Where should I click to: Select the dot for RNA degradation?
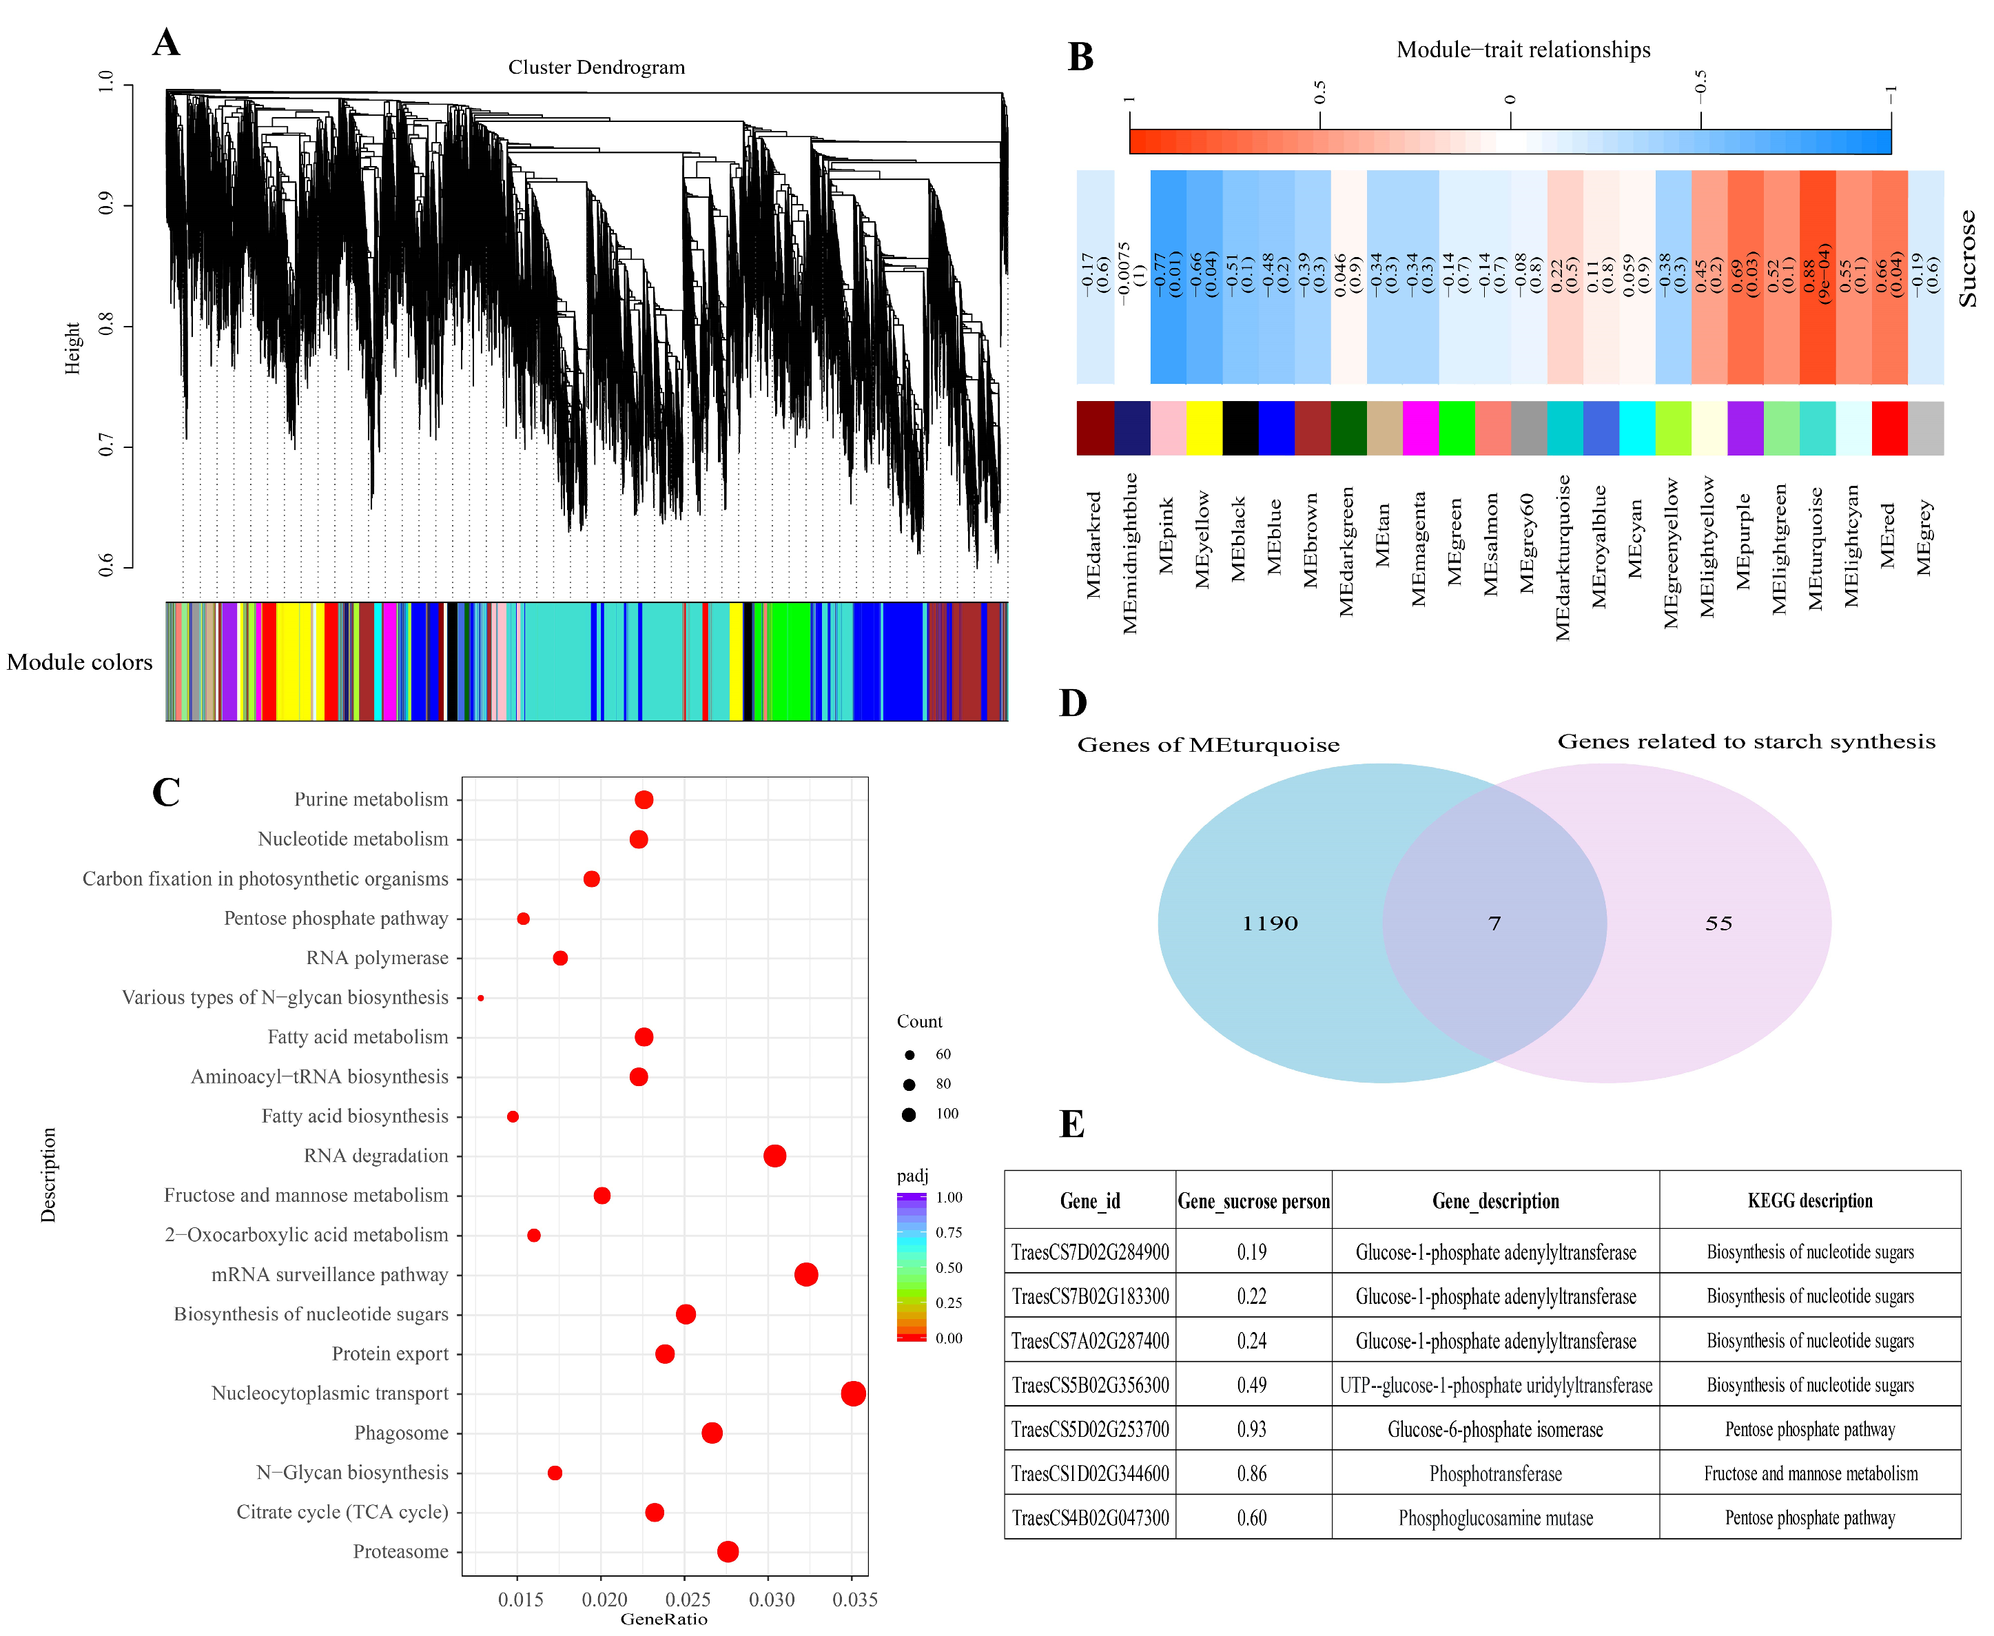[774, 1156]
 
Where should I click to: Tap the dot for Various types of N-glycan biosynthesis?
[481, 997]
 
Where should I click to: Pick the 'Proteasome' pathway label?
[400, 1551]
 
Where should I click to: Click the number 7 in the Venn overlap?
[1494, 923]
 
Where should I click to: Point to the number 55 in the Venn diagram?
[1718, 923]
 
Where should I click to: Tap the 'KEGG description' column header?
[1809, 1200]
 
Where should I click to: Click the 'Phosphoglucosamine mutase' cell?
[1495, 1517]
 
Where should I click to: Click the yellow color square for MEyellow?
[1204, 429]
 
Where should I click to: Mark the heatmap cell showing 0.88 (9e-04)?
[1817, 277]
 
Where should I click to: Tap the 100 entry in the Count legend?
[946, 1114]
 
